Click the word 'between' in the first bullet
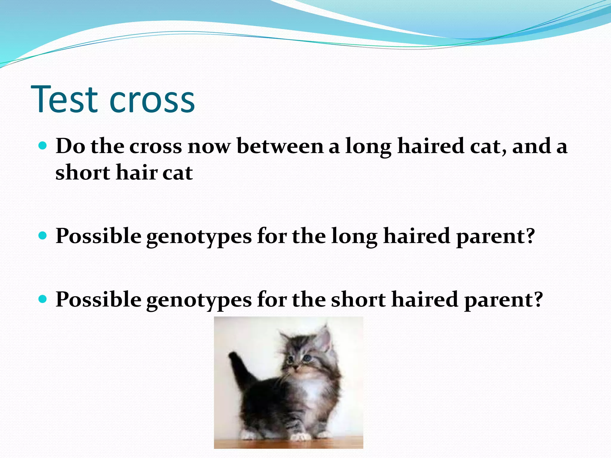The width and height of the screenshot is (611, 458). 280,147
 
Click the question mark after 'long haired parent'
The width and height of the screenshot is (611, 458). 530,236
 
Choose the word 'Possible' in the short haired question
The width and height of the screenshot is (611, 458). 98,300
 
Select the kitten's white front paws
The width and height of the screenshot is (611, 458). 298,437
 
